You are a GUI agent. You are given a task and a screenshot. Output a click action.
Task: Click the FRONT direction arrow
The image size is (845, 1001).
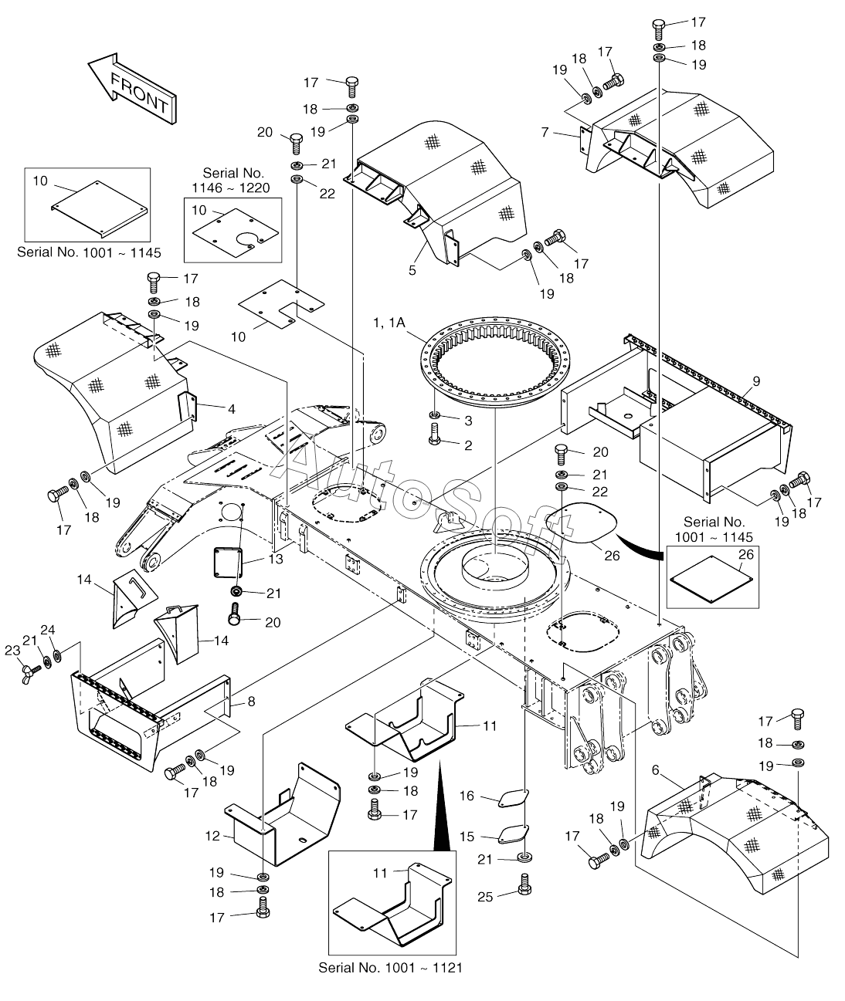132,89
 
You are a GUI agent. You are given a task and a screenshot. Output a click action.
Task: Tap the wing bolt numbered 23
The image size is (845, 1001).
33,668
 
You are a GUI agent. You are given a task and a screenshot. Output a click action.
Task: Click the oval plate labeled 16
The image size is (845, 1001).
512,798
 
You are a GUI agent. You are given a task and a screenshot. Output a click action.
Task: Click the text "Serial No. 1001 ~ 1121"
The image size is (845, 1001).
390,967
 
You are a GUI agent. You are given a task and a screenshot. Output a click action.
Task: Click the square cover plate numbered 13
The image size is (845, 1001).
229,561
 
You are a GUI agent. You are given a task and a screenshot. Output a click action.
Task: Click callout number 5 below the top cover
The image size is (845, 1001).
412,270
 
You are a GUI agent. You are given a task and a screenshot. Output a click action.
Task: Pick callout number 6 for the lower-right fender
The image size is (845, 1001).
655,769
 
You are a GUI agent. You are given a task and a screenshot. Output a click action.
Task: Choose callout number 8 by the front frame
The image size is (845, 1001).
251,702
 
